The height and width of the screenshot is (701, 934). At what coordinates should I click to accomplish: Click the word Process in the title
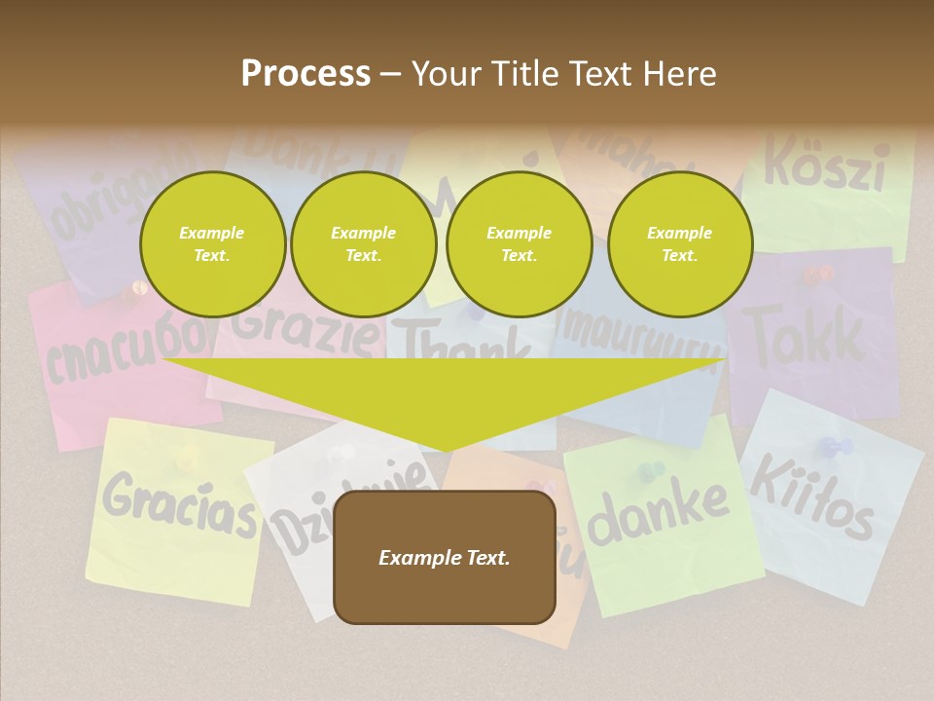pyautogui.click(x=305, y=73)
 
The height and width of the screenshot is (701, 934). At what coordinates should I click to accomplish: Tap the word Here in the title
pyautogui.click(x=678, y=73)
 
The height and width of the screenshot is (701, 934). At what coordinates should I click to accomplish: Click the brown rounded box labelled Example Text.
pyautogui.click(x=445, y=557)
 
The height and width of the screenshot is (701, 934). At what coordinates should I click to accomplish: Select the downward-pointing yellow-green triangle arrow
pyautogui.click(x=445, y=399)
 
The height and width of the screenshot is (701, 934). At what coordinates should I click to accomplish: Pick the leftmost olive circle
pyautogui.click(x=212, y=243)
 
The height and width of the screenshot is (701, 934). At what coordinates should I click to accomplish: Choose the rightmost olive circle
pyautogui.click(x=680, y=243)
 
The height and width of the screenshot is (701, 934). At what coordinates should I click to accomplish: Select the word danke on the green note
pyautogui.click(x=659, y=512)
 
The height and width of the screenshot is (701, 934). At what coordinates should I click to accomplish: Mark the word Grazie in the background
pyautogui.click(x=305, y=329)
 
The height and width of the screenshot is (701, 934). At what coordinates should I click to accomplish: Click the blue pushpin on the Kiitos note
pyautogui.click(x=834, y=448)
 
